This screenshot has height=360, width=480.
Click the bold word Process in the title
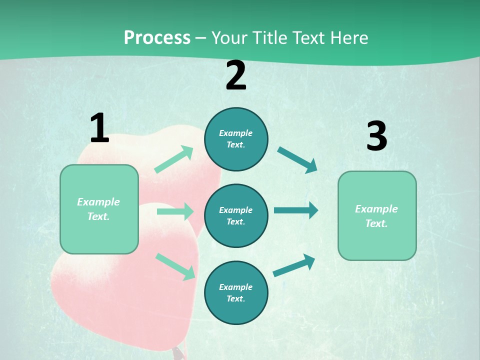coord(157,38)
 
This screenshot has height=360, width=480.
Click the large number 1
coord(99,128)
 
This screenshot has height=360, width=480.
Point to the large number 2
coord(236,76)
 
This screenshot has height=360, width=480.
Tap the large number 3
coord(376,136)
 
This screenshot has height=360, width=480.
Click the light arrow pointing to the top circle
coord(174,159)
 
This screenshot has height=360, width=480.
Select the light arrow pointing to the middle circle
coord(175,211)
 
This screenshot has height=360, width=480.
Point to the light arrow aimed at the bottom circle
coord(175,266)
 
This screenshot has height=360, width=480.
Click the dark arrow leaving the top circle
coord(297,160)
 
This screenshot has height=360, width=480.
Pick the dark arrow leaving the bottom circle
coord(294,265)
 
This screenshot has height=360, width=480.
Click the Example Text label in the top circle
coord(236,139)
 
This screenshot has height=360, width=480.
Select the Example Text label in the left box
coord(98,209)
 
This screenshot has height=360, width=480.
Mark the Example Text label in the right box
coord(376,216)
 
